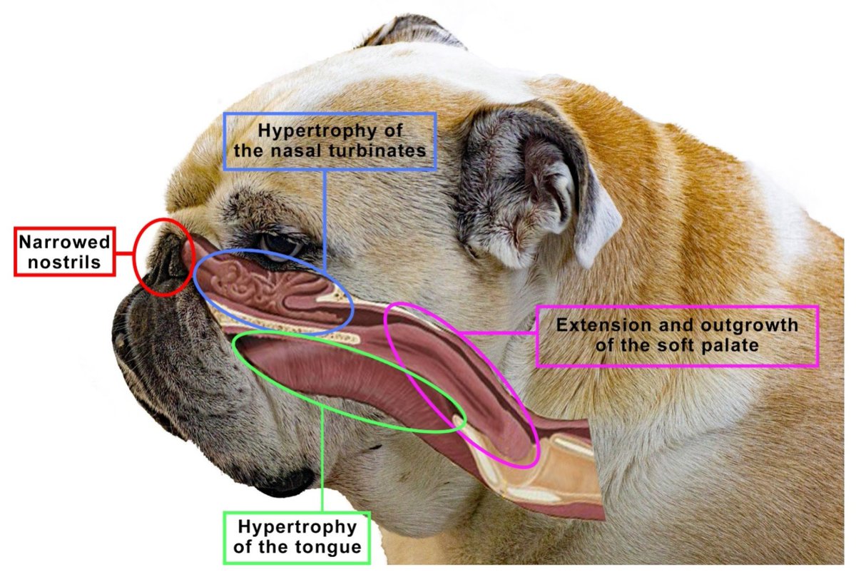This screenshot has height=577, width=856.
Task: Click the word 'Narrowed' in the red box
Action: [x=65, y=242]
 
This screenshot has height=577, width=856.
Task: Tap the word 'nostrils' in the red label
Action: [x=65, y=262]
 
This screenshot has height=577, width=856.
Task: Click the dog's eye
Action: [x=282, y=245]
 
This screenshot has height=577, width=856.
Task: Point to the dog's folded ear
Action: [x=535, y=185]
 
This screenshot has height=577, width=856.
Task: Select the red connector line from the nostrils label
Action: [x=126, y=252]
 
